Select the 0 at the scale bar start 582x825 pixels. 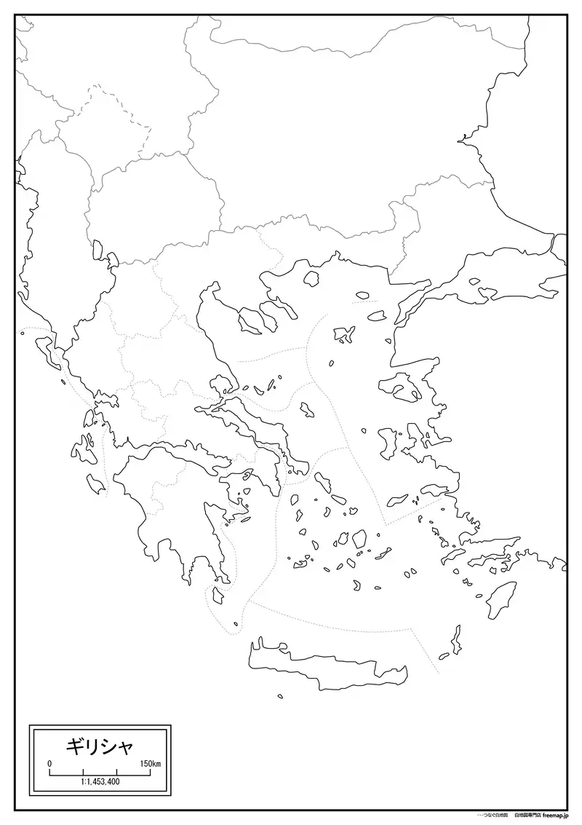coord(49,763)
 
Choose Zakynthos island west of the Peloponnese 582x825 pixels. coord(96,482)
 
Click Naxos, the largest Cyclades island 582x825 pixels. coord(359,540)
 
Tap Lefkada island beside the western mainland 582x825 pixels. coord(89,418)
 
